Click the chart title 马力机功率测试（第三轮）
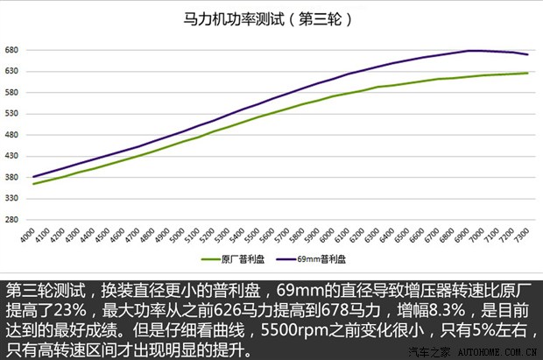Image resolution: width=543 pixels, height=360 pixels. pyautogui.click(x=271, y=17)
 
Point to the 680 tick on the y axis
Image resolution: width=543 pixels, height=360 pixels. pyautogui.click(x=13, y=50)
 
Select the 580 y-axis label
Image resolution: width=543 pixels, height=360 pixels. pyautogui.click(x=13, y=93)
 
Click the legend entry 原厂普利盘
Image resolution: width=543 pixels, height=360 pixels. pyautogui.click(x=232, y=260)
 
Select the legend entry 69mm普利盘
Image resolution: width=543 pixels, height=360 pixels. pyautogui.click(x=313, y=260)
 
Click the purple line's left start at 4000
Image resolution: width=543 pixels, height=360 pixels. pyautogui.click(x=33, y=177)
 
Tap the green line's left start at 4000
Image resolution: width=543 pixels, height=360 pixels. pyautogui.click(x=33, y=184)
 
